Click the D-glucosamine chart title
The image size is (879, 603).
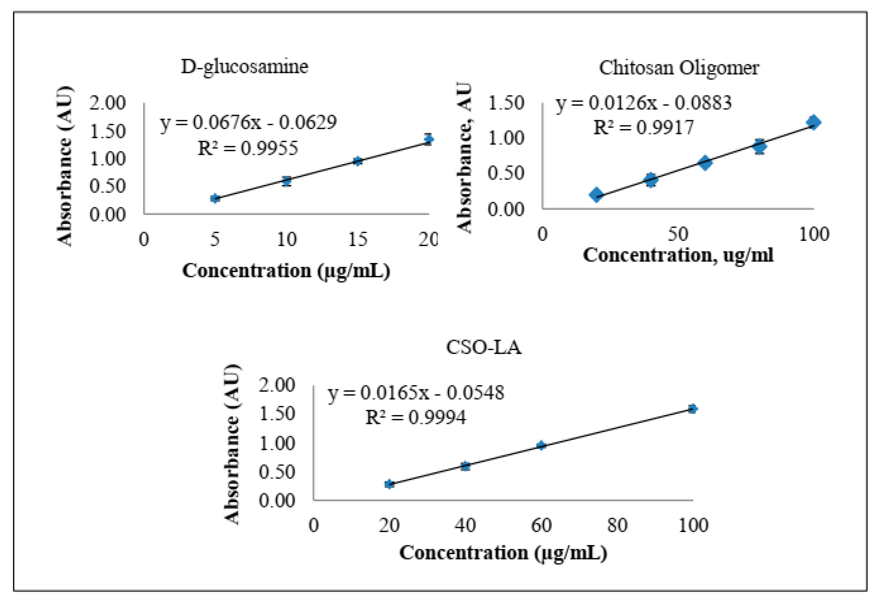pos(244,67)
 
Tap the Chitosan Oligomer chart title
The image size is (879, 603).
pos(679,68)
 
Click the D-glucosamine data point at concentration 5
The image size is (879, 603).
pos(215,198)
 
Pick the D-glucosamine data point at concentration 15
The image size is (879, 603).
pos(358,161)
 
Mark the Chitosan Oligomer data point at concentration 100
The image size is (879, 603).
pos(813,122)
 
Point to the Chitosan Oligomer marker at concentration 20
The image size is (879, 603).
pos(596,194)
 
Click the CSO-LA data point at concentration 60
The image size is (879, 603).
pos(541,445)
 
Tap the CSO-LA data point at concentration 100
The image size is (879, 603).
pos(692,409)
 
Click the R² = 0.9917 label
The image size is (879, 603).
pos(643,127)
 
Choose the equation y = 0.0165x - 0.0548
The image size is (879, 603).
pos(415,393)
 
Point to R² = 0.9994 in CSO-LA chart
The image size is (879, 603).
pos(415,417)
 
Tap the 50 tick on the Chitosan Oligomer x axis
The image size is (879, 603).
pos(677,234)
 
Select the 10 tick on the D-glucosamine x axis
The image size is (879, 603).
pos(287,239)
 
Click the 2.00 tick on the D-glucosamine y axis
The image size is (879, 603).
pos(107,103)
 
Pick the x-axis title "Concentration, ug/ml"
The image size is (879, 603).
pos(678,255)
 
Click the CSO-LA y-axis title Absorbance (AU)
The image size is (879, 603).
pos(232,444)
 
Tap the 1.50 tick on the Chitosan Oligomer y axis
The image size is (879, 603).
pos(506,103)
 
